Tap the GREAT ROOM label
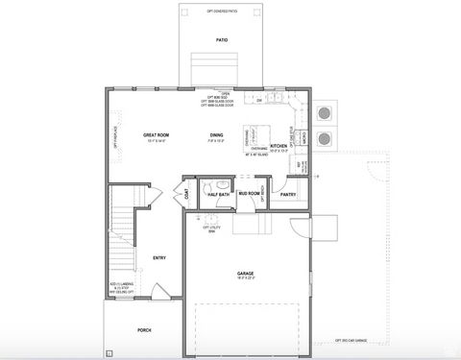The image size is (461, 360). tap(156, 135)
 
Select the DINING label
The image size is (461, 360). tap(217, 135)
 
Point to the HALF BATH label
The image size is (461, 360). tap(218, 195)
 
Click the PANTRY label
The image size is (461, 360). tap(287, 194)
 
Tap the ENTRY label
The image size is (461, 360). tap(159, 257)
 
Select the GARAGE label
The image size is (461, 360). tap(246, 274)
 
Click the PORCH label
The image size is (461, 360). tap(144, 329)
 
